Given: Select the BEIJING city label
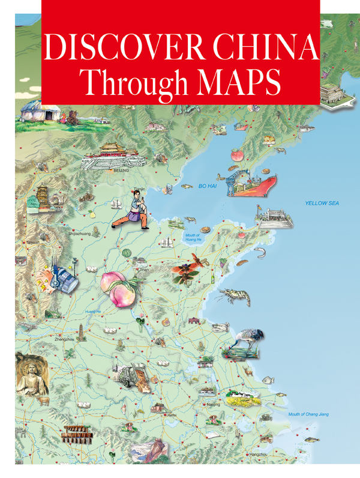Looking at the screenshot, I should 121,171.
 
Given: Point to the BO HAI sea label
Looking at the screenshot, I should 206,187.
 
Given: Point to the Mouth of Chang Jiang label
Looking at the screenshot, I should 308,414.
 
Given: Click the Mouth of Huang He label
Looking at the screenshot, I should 193,237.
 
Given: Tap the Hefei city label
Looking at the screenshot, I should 172,414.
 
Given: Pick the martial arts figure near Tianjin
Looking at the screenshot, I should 132,208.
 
